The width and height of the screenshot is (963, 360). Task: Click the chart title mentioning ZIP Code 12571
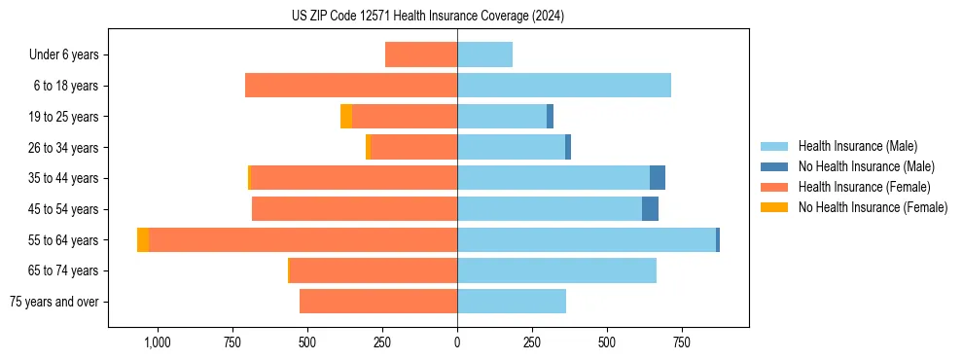coord(427,16)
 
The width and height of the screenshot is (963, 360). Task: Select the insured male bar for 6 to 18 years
coord(564,86)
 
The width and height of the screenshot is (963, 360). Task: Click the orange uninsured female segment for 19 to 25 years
coord(346,117)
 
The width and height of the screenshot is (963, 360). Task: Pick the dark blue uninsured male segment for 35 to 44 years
coord(658,178)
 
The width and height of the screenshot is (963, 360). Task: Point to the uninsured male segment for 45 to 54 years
coord(650,209)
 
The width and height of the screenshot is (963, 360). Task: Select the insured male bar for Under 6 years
coord(484,54)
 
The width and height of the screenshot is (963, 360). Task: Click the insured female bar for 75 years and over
coord(378,302)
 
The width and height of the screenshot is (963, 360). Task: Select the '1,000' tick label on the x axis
coord(158,342)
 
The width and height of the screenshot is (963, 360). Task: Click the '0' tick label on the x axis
coord(457,342)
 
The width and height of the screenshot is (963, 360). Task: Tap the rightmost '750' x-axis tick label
coord(682,342)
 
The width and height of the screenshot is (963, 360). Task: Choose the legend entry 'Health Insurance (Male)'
coord(857,146)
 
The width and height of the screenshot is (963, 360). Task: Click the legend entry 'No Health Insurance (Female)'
coord(873,207)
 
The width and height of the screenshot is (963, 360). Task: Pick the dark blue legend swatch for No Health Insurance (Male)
coord(775,166)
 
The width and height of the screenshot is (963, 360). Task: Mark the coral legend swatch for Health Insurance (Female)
coord(775,187)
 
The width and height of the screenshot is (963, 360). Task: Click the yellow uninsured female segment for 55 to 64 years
coord(143,240)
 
